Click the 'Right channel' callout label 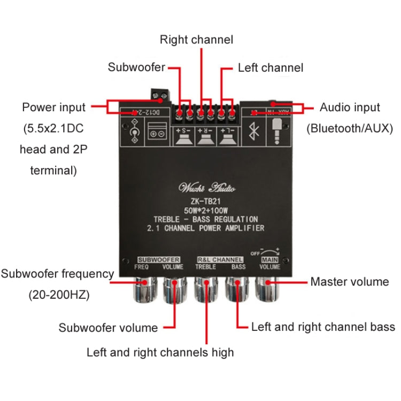[x=197, y=40]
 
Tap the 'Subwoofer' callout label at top [x=136, y=67]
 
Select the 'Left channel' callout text [x=271, y=68]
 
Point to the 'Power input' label [x=53, y=107]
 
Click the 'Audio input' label [x=350, y=107]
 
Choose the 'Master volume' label [x=350, y=281]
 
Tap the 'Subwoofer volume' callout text [x=108, y=328]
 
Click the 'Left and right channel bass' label [x=323, y=327]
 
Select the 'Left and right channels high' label [x=160, y=352]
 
